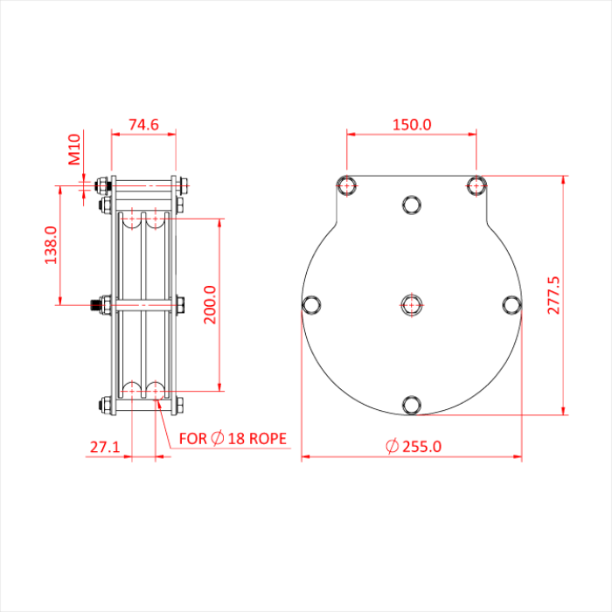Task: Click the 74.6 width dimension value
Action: [x=143, y=125]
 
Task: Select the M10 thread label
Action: [x=74, y=149]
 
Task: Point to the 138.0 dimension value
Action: [x=51, y=245]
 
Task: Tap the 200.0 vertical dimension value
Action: [x=209, y=303]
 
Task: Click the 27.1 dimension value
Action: [x=105, y=447]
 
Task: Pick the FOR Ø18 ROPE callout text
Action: [x=233, y=438]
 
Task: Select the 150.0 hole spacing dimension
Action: [x=411, y=124]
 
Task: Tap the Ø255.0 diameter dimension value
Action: [x=414, y=446]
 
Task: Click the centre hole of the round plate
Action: [x=412, y=304]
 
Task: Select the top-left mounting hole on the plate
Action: [x=347, y=185]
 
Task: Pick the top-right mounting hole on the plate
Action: [x=476, y=185]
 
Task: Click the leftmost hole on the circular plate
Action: [x=311, y=304]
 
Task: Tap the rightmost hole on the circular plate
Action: [x=512, y=304]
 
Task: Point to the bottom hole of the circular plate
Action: [x=412, y=404]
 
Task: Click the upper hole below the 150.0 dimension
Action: [x=412, y=205]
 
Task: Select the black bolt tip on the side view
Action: [x=93, y=305]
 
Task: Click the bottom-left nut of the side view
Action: [x=105, y=405]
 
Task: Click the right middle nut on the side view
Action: [x=179, y=305]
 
